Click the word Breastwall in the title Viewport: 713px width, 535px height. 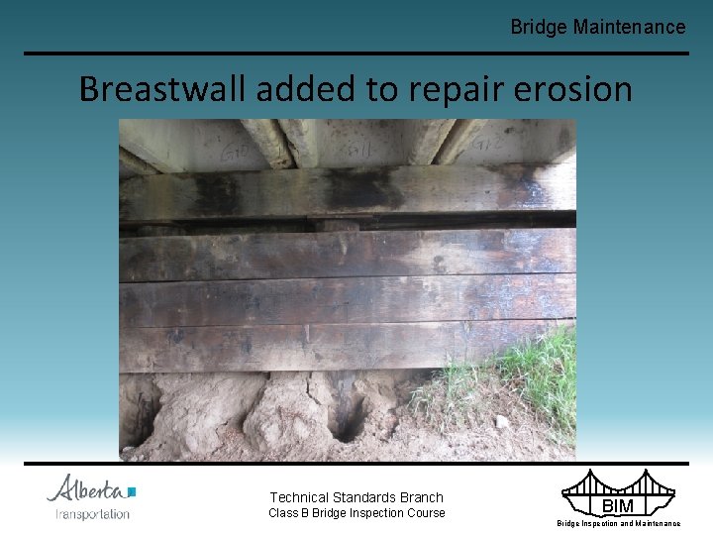coord(163,89)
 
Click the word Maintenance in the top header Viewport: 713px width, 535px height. coord(629,27)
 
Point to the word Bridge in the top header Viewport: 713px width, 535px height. coord(539,27)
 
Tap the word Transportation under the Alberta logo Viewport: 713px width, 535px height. coord(92,513)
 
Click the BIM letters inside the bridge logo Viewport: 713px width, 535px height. coord(618,506)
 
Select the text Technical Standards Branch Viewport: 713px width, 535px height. coord(356,497)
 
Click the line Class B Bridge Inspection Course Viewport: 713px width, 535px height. coord(357,512)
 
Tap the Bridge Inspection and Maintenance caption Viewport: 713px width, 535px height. coord(618,523)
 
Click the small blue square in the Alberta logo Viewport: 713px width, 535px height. coord(132,490)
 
